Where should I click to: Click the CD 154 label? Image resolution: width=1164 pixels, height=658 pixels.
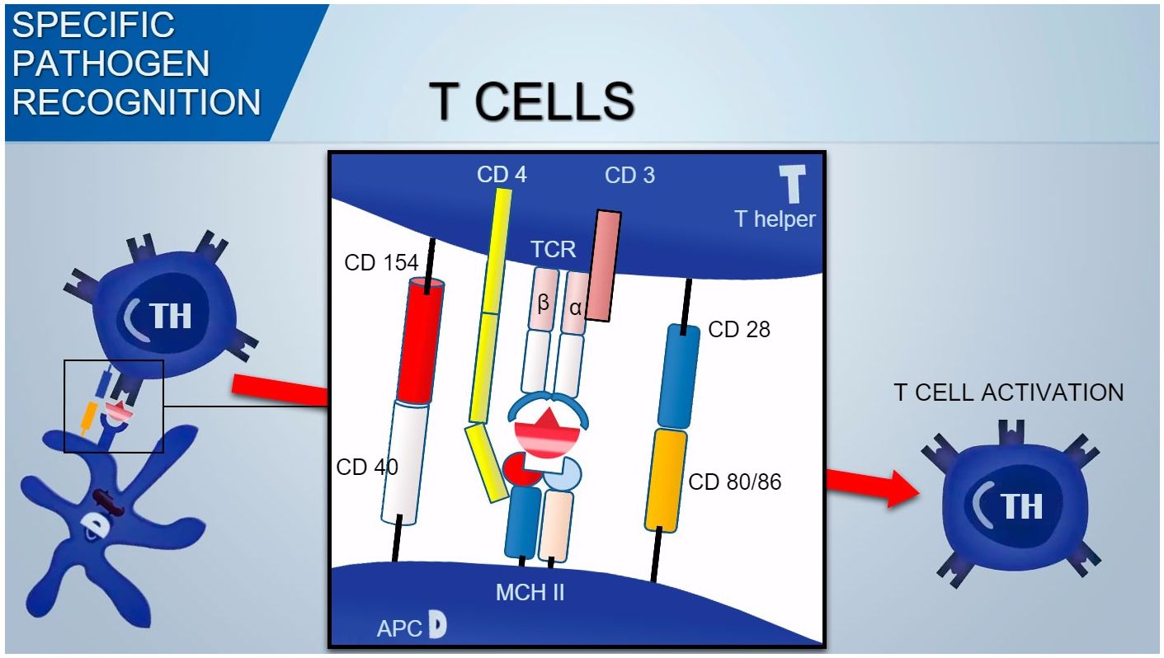pos(382,263)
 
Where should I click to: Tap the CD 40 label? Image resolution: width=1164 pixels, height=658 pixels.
pos(367,467)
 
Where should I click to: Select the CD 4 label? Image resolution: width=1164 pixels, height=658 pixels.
pos(502,175)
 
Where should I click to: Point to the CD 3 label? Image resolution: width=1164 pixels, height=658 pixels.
pos(629,175)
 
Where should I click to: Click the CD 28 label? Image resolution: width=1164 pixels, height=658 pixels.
pos(739,330)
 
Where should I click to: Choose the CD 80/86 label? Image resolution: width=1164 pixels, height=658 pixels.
pos(734,482)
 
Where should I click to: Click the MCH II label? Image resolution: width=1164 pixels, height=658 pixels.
pos(530,592)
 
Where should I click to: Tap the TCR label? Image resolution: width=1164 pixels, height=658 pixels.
pos(554,249)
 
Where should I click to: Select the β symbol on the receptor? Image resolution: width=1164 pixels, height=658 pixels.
pos(543,302)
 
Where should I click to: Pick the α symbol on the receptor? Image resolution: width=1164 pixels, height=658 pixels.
pos(575,308)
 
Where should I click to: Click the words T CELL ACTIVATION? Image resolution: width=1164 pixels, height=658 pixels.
pos(1008,392)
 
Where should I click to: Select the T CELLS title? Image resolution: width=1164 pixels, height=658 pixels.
pos(532,102)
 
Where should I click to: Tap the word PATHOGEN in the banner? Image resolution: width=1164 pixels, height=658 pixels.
pos(111,63)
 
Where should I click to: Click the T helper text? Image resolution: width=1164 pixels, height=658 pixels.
pos(775,219)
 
